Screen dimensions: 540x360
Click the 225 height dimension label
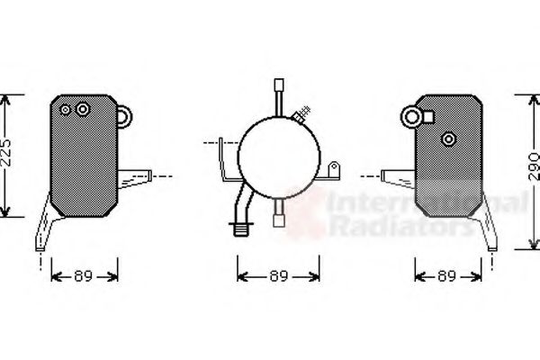pyautogui.click(x=6, y=153)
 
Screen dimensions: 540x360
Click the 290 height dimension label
pyautogui.click(x=534, y=166)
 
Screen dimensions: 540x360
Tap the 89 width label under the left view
pyautogui.click(x=84, y=276)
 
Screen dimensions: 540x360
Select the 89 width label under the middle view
pyautogui.click(x=279, y=276)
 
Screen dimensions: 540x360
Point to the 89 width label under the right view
pyautogui.click(x=446, y=276)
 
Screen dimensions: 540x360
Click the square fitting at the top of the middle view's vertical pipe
pyautogui.click(x=279, y=85)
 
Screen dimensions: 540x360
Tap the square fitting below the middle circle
pyautogui.click(x=279, y=220)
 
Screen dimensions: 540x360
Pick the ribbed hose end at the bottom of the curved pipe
pyautogui.click(x=241, y=229)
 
